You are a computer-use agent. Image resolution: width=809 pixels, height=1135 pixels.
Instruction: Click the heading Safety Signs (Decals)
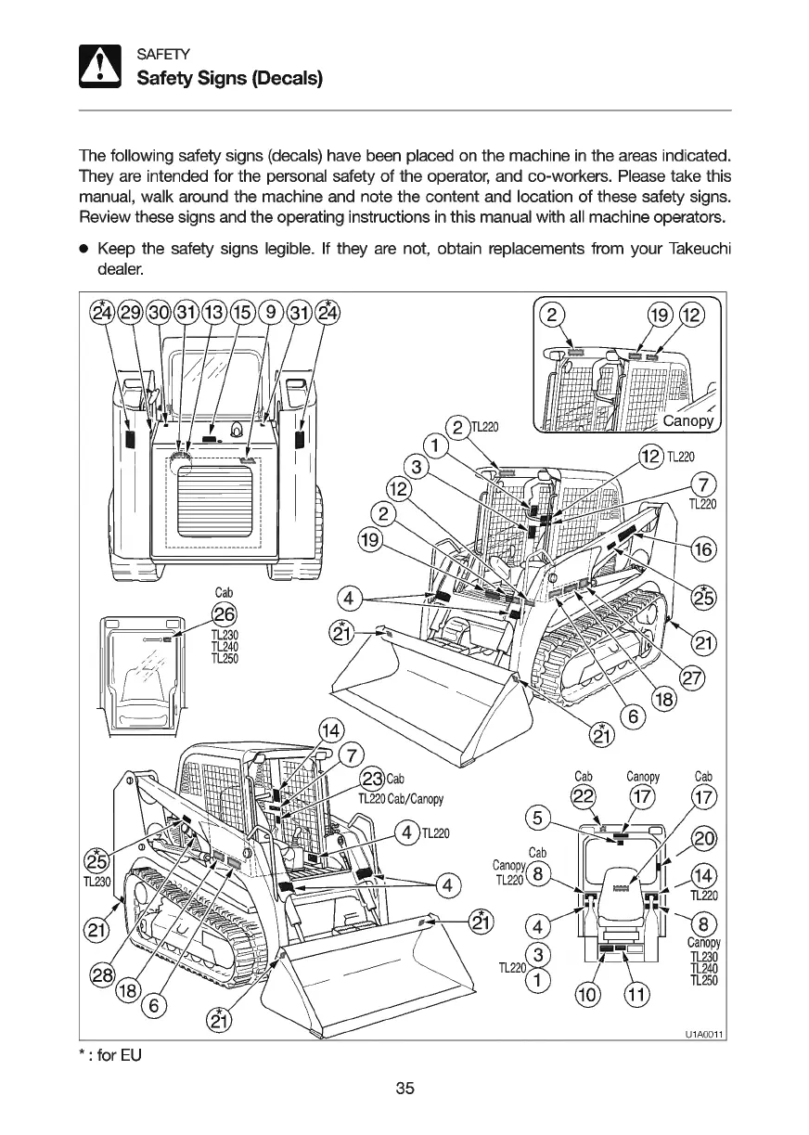point(229,79)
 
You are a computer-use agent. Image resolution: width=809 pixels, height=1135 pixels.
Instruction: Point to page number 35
point(404,1089)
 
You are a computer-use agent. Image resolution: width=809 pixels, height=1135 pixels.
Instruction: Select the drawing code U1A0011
point(705,1034)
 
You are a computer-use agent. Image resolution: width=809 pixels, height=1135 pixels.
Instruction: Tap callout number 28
point(102,975)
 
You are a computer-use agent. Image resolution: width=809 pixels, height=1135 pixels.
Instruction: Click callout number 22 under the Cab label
point(584,797)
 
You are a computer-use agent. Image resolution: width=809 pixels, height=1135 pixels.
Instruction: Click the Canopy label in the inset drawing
point(687,422)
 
